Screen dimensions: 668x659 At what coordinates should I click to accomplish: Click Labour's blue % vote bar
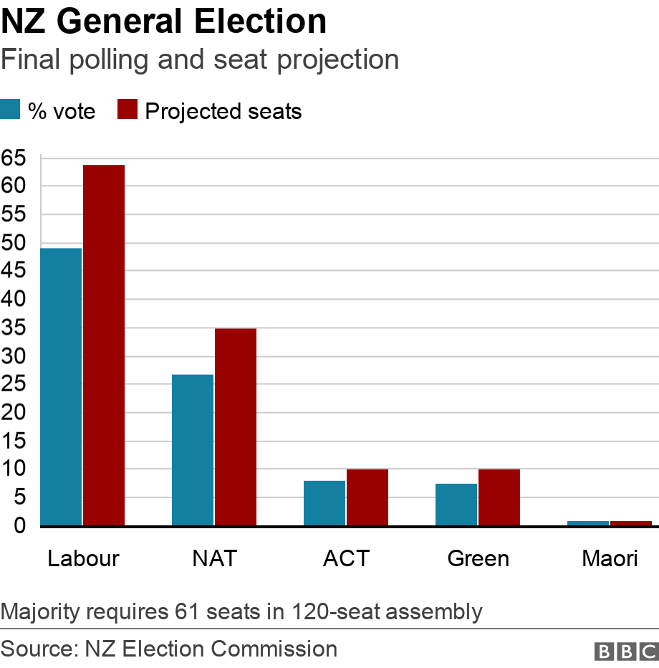61,387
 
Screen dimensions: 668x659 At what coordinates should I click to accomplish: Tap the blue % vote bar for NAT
193,450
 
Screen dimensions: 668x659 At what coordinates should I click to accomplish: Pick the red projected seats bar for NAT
236,427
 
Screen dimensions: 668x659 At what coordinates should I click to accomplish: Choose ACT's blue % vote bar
324,503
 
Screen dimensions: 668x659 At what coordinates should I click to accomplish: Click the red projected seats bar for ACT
367,497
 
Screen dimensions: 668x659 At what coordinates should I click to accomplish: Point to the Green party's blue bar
456,505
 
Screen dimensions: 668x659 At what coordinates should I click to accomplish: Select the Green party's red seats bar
499,497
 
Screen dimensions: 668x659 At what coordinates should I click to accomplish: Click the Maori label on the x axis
610,558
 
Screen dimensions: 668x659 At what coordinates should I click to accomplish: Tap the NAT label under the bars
214,558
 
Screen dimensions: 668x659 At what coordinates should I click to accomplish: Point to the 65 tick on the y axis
14,158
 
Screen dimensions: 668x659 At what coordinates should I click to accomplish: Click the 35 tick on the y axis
14,328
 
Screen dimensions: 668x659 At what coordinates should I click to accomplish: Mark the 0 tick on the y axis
19,526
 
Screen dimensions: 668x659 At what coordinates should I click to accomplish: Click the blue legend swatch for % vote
10,110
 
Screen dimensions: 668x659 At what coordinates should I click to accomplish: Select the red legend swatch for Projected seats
128,110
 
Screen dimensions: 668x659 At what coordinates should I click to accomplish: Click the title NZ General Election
163,22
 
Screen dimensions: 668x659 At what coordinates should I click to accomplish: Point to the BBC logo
626,651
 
